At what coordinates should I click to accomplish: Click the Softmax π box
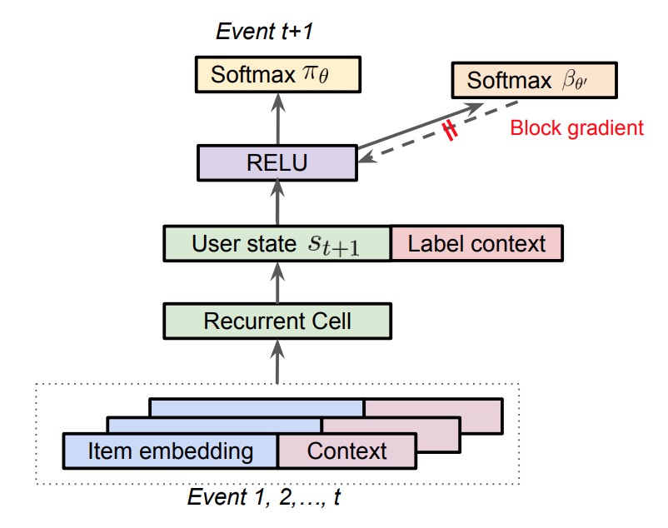coord(278,74)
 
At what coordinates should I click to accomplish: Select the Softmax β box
coord(534,81)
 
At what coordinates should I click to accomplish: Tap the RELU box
coord(277,162)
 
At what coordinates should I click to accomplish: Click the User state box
coord(277,243)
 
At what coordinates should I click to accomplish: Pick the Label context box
coord(476,243)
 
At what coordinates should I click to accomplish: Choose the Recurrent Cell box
coord(277,321)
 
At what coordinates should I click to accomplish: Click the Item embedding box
coord(171,451)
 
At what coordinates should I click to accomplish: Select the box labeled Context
coord(347,451)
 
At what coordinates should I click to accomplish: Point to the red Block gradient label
coord(577,127)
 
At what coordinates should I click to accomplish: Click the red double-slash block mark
coord(450,130)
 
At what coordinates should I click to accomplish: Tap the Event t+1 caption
coord(264,31)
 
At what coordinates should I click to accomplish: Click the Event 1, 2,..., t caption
coord(264,496)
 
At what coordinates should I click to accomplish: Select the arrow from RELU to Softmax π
coord(278,119)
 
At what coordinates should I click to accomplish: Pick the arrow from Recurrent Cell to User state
coord(277,282)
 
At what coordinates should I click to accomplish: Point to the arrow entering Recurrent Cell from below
coord(277,361)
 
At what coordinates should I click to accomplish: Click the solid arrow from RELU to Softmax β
coord(421,126)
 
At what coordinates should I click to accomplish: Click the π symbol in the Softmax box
coord(316,74)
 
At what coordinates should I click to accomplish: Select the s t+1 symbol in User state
coord(333,246)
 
